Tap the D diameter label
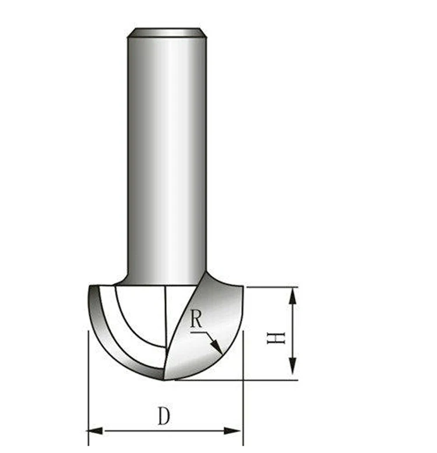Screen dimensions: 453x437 164,416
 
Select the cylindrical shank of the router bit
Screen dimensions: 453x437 166,157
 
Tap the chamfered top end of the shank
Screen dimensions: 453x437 166,32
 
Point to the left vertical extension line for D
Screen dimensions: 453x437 87,384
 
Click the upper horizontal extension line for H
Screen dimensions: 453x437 271,287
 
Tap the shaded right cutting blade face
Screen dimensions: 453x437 218,314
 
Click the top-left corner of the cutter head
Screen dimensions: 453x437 90,286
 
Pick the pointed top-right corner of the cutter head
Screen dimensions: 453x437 243,287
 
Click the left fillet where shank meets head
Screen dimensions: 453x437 124,279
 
